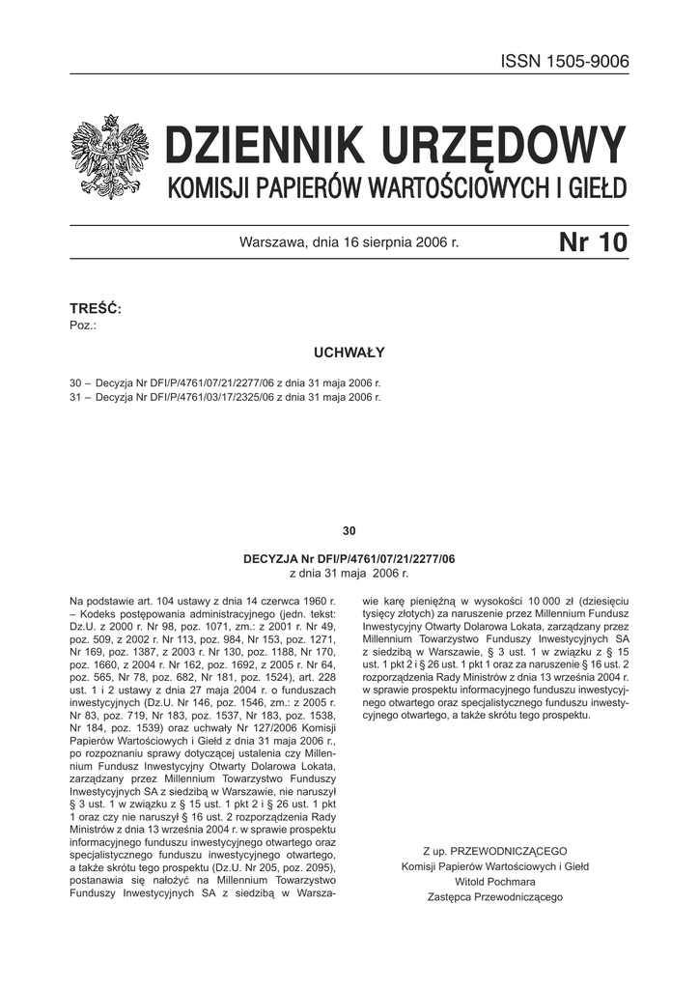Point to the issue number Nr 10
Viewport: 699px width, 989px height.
click(x=593, y=242)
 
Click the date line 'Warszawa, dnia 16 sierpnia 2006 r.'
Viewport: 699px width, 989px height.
click(x=349, y=243)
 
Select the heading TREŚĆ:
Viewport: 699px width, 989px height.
click(x=96, y=308)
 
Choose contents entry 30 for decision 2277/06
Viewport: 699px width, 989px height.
click(x=226, y=382)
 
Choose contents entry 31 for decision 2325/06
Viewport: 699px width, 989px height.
click(x=226, y=396)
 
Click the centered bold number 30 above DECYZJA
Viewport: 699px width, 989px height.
click(x=349, y=530)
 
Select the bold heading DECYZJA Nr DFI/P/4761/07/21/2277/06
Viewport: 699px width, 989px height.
click(x=349, y=559)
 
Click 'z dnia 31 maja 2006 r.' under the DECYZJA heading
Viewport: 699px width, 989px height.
click(x=349, y=573)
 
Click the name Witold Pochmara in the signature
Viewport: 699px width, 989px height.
click(x=495, y=882)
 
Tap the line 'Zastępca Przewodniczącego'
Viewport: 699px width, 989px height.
click(x=495, y=897)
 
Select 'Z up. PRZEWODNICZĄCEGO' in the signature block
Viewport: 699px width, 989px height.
click(x=495, y=851)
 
